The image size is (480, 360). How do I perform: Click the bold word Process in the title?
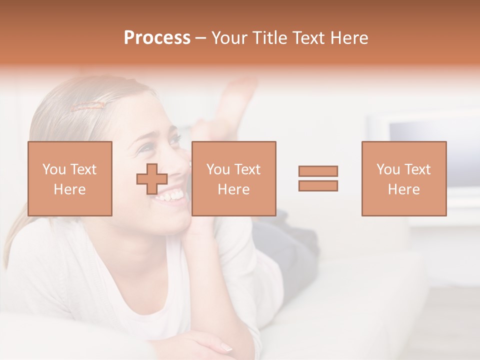157,38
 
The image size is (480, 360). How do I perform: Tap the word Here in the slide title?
350,38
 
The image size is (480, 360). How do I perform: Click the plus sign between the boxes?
152,179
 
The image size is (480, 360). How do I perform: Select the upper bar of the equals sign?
318,171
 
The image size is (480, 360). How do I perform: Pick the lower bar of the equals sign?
318,185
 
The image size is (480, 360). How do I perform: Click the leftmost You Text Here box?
70,178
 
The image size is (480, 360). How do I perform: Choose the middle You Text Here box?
233,178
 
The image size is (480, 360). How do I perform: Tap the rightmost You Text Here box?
403,178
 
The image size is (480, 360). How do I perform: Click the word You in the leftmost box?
53,169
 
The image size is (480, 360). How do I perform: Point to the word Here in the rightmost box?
403,189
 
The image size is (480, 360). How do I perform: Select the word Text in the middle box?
247,169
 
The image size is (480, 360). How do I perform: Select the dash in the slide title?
200,38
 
